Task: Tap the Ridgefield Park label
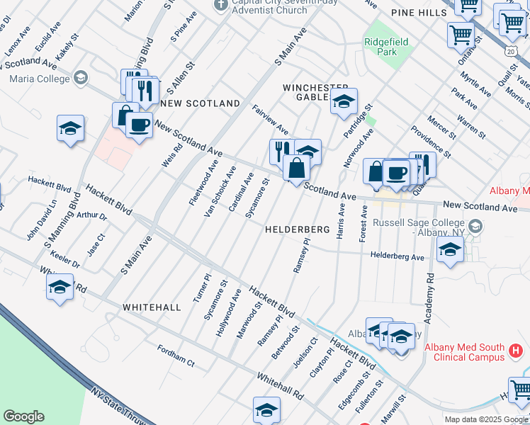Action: [x=385, y=47]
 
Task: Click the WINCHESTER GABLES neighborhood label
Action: [x=316, y=92]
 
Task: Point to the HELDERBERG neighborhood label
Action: [x=298, y=230]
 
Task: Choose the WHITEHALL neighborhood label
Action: [x=152, y=307]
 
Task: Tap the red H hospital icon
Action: [x=517, y=350]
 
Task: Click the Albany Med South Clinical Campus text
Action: [x=464, y=352]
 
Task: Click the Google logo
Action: [x=23, y=416]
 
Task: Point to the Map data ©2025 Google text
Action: [x=486, y=419]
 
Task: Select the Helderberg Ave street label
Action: [x=397, y=256]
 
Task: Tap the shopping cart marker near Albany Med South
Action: [x=519, y=389]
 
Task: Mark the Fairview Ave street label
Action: [x=270, y=120]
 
